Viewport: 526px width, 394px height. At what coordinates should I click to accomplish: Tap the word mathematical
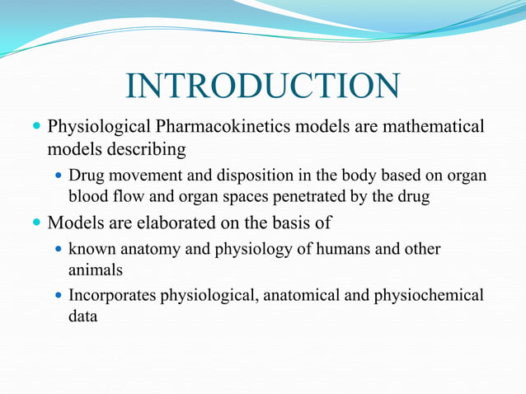(430, 128)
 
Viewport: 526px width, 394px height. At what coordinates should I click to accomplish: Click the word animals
(95, 269)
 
